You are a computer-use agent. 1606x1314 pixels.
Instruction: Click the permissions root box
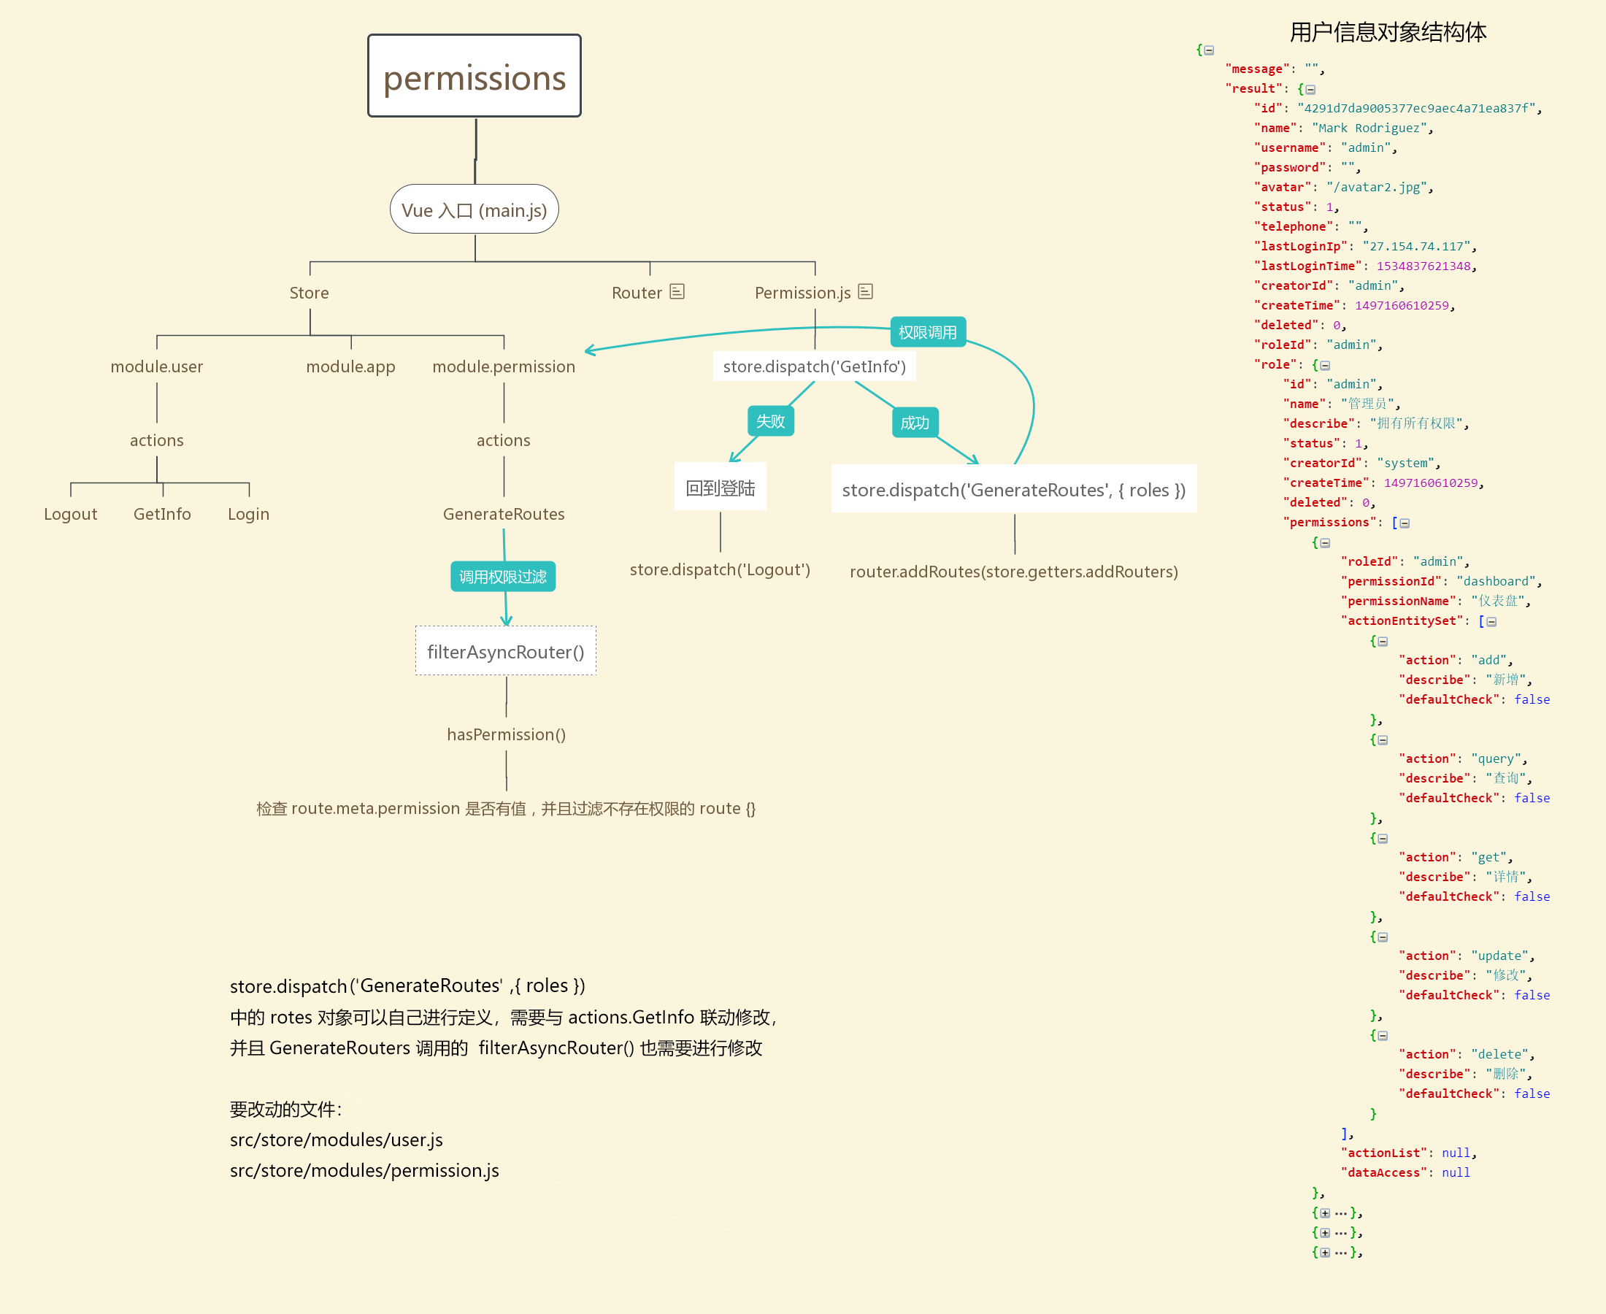tap(474, 76)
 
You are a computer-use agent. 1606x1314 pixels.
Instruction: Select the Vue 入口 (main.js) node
tap(474, 210)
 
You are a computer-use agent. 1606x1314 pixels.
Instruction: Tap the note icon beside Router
tap(677, 291)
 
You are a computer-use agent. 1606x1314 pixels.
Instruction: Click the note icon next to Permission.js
tap(865, 291)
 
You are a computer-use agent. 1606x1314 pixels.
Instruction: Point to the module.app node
tap(350, 366)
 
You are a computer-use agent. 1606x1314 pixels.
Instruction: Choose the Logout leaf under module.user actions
tap(70, 514)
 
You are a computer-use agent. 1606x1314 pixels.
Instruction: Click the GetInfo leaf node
tap(162, 514)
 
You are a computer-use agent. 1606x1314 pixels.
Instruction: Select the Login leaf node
tap(248, 514)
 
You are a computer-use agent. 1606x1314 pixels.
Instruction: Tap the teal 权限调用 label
tap(927, 332)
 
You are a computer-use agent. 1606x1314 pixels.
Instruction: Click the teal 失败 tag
tap(770, 420)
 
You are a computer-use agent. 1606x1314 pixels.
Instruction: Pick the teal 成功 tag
tap(914, 423)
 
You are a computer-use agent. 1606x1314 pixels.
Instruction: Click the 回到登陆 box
tap(720, 488)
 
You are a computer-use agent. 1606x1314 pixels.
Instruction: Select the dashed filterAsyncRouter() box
tap(506, 651)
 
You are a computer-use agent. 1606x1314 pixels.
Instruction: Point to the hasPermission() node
tap(507, 734)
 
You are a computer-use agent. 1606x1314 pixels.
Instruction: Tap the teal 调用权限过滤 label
tap(502, 577)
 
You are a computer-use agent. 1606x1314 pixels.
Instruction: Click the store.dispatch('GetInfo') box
tap(815, 366)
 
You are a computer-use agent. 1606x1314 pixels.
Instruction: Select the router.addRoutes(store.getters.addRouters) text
tap(1013, 572)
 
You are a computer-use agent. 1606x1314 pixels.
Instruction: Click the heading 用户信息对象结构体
tap(1387, 32)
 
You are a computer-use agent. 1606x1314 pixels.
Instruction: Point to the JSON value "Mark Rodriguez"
tap(1372, 128)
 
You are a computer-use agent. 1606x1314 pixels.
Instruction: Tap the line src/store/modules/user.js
tap(336, 1139)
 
